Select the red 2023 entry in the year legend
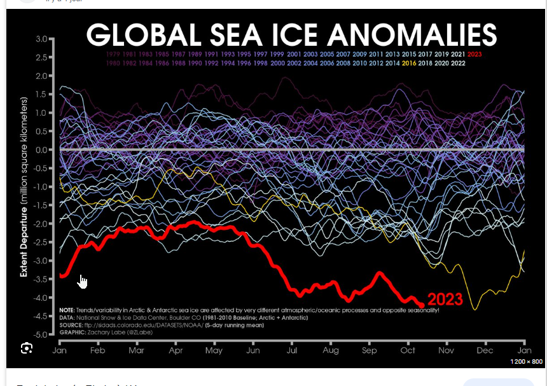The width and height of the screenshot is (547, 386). [x=474, y=54]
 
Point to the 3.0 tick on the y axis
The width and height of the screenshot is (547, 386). [x=42, y=39]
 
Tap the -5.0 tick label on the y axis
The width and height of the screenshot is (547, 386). [x=41, y=334]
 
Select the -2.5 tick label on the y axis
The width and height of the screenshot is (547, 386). [x=41, y=242]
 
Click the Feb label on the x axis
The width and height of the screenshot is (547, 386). [x=99, y=350]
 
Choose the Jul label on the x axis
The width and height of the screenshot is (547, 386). [x=293, y=350]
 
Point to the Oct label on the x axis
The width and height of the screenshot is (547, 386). [x=408, y=350]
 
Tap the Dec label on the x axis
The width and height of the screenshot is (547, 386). [x=485, y=350]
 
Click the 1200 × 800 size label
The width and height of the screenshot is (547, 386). [x=525, y=362]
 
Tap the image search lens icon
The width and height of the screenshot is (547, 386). [x=27, y=348]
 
